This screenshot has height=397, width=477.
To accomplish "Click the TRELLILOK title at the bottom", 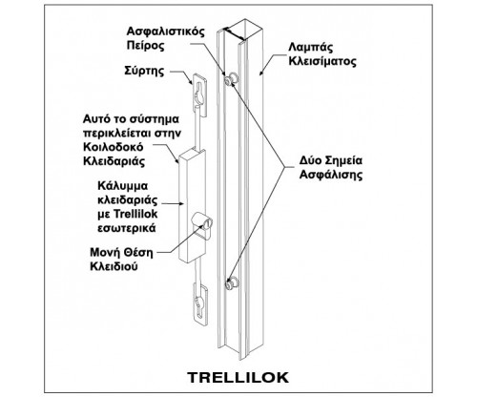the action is coord(238,377).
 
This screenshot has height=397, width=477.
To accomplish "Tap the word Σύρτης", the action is coord(144,72).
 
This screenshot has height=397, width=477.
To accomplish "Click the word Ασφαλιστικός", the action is coord(165,31).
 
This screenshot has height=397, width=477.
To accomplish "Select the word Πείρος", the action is coord(145,46).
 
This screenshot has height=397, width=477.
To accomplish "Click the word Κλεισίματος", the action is coord(322,61).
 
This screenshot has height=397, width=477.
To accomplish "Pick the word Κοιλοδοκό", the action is coord(113,147).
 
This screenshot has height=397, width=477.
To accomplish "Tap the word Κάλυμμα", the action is coord(123,186).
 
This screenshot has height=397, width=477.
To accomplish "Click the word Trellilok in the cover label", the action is coord(135,214).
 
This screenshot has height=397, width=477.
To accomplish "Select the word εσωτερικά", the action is coord(127,228).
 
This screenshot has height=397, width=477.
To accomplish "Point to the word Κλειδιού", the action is coord(114,266).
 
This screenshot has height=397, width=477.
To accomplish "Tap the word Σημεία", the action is coord(344,160).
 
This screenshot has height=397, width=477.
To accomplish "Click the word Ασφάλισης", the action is coord(331,175).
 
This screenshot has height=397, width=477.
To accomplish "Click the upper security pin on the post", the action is coord(231,78).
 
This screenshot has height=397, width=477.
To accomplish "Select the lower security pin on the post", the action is coord(232,283).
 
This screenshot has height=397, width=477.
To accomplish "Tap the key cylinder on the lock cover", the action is coord(202,221).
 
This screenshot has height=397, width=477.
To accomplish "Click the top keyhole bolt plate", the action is coord(199,94).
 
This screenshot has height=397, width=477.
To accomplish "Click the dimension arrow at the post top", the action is coord(234,34).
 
